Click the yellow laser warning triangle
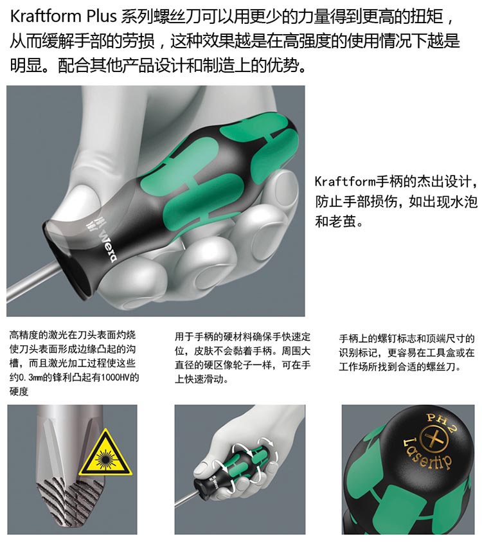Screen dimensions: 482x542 click(105, 453)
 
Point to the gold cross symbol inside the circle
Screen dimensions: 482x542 click(434, 440)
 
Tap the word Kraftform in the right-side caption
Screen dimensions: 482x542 click(345, 181)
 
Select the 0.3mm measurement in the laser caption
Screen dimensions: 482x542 click(30, 377)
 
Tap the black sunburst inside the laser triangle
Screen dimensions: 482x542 click(105, 458)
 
